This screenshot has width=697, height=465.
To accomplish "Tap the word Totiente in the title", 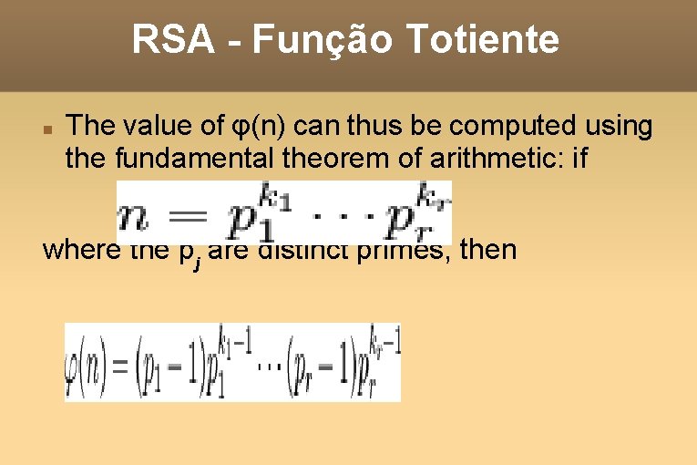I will [481, 40].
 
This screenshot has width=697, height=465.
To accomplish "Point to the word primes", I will [407, 249].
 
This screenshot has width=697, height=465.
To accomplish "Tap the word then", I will [488, 249].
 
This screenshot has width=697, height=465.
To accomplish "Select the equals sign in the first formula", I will [193, 222].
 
